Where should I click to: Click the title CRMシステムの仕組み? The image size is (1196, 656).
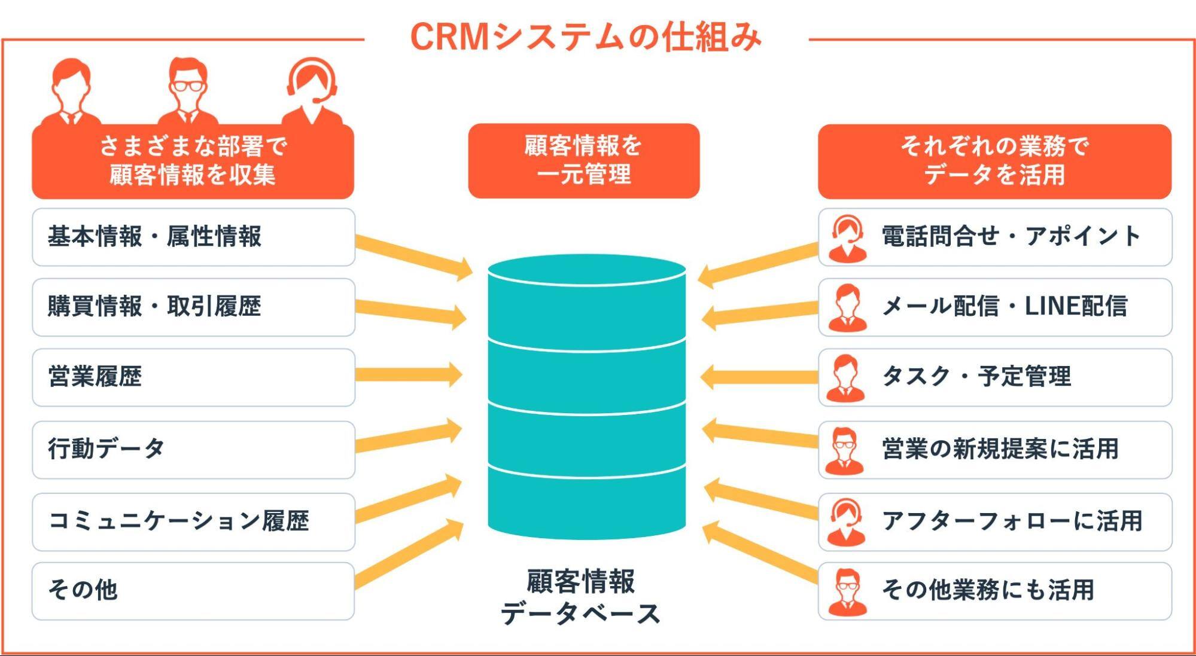(585, 37)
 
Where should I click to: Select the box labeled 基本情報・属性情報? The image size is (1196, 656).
(193, 237)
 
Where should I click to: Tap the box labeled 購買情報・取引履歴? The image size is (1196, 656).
(193, 307)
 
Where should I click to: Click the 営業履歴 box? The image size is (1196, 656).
(193, 377)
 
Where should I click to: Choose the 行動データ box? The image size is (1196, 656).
(193, 449)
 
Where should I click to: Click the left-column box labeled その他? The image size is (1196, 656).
(193, 591)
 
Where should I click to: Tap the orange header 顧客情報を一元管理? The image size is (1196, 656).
(583, 161)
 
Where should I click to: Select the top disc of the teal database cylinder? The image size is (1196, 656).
(586, 270)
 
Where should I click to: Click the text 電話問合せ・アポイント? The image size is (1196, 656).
(1011, 237)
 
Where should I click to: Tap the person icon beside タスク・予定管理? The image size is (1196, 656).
(845, 377)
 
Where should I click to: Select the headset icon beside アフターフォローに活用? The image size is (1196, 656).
(846, 522)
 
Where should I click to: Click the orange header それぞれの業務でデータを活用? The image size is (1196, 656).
(994, 161)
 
